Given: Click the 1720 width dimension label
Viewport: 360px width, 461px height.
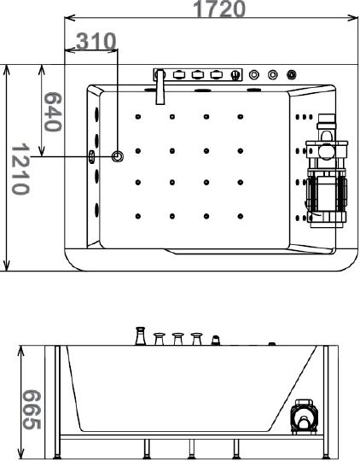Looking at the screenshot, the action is coord(219,9).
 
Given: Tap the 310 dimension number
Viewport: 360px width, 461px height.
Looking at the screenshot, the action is coord(96,42).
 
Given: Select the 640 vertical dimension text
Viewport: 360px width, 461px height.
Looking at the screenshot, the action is coord(53,112).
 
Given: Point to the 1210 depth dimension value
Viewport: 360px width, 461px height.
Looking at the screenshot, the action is coord(20,169).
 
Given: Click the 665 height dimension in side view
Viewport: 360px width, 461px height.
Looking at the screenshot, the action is coord(32,410).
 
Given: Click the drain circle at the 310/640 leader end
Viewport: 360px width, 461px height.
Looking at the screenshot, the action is coord(117,156).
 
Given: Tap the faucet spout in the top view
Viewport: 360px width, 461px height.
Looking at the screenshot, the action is coord(160,87).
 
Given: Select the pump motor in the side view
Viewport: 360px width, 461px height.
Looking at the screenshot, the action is coord(305,417).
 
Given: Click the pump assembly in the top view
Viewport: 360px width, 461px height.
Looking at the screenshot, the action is coord(326,171).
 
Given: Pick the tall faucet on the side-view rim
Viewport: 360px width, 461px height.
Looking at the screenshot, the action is coord(141,336).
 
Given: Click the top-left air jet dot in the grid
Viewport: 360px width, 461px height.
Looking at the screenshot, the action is coord(138,117).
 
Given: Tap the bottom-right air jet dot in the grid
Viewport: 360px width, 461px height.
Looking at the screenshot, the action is coord(241,216).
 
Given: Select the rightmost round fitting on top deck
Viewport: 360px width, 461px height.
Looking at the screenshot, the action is coord(291,74).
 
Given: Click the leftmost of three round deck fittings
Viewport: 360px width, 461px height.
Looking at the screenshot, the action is coord(254,74).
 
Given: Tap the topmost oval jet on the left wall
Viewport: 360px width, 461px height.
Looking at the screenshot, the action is coord(96,114).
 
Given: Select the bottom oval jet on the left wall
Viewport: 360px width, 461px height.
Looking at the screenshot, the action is coord(96,210).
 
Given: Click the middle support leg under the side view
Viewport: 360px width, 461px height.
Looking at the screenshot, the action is coord(192,449).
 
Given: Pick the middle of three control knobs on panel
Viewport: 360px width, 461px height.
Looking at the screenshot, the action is coord(197,74).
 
